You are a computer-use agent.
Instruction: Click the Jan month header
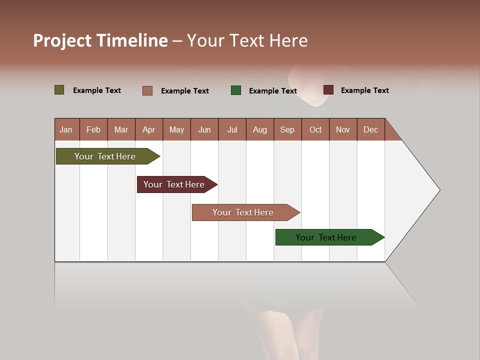click(x=66, y=129)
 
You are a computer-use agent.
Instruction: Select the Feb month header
click(x=93, y=129)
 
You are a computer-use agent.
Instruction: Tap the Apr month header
click(x=148, y=129)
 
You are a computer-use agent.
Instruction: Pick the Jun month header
click(x=204, y=129)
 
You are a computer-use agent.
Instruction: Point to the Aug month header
click(x=259, y=129)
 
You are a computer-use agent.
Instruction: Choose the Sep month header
click(x=287, y=129)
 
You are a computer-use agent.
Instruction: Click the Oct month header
click(x=315, y=129)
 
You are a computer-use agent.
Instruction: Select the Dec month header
click(x=370, y=129)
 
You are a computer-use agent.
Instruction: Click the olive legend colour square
click(x=59, y=90)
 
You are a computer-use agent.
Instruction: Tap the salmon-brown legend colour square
click(x=147, y=90)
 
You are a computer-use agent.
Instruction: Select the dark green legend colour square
click(x=236, y=90)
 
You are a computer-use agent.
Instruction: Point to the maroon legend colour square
click(x=328, y=90)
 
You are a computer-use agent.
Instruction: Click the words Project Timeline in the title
click(x=100, y=40)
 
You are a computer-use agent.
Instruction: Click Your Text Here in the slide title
click(x=247, y=40)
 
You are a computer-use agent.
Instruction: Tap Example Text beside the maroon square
click(x=364, y=90)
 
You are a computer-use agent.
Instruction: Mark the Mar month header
click(x=121, y=129)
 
